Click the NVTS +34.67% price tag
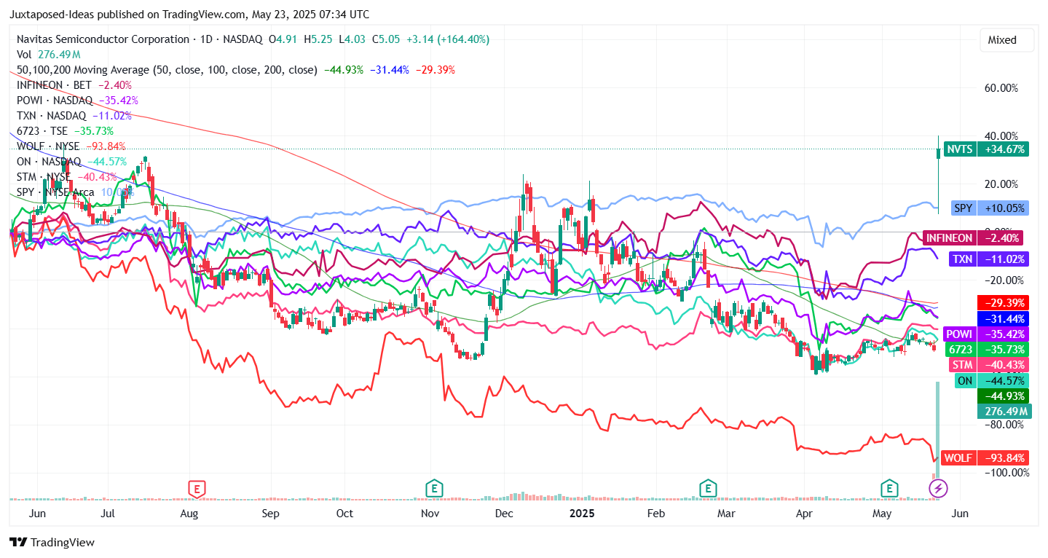[x=986, y=149]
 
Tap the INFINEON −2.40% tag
[x=972, y=237]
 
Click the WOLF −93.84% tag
[x=985, y=458]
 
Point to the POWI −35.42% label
[x=986, y=334]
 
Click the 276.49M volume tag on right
[x=1003, y=412]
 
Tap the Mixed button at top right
[x=1006, y=40]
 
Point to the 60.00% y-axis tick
[x=1001, y=88]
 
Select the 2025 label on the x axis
[x=581, y=514]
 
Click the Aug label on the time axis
[x=189, y=514]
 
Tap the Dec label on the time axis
[x=503, y=514]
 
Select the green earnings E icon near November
[x=434, y=488]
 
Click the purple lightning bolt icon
[x=938, y=488]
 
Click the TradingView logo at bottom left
[x=52, y=543]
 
